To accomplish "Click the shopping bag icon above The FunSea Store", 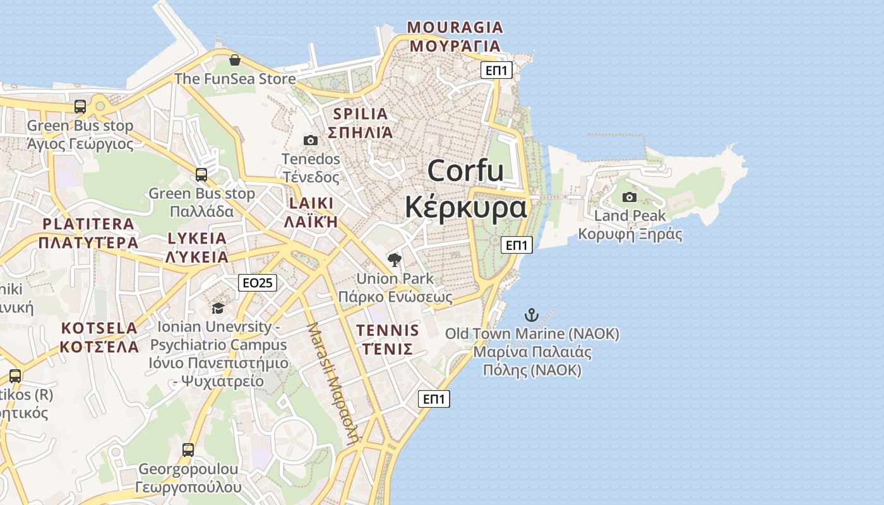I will coord(235,60).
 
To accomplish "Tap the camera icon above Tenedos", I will coord(310,140).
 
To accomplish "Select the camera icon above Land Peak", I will coord(629,197).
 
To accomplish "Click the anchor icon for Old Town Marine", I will coord(532,314).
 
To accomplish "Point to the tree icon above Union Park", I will coord(395,259).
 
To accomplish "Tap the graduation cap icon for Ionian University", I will coord(218,308).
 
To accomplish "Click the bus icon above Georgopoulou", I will coord(188,450).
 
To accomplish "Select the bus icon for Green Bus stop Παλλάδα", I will coord(201,174).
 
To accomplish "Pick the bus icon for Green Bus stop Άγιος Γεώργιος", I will coord(80,106).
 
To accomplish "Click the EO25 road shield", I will coord(258,283).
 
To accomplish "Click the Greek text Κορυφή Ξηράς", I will coord(630,234).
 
